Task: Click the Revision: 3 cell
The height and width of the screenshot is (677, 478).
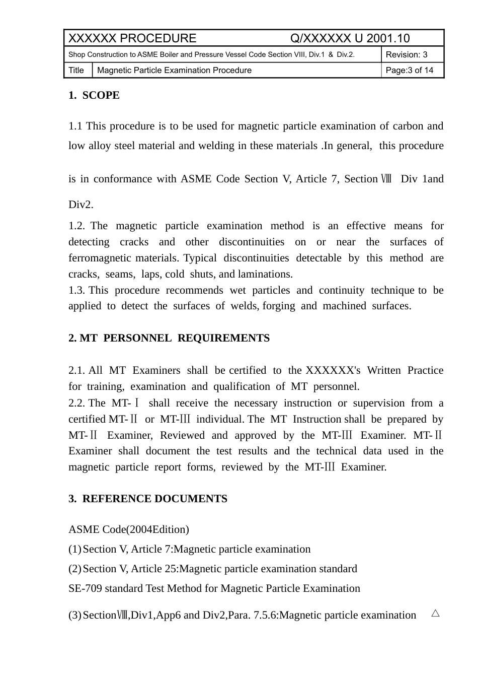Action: click(406, 54)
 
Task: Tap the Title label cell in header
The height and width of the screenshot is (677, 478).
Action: click(76, 70)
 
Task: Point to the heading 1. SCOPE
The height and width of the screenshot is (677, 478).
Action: click(94, 95)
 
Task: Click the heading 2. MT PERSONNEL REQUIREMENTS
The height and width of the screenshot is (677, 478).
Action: click(169, 338)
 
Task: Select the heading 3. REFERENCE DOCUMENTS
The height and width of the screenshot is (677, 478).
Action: click(148, 499)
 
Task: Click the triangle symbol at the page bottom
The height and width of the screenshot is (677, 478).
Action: click(436, 614)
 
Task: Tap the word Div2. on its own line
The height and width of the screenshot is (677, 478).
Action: click(81, 205)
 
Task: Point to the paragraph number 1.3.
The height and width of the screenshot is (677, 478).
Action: click(77, 290)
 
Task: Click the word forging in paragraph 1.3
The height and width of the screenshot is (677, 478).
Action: click(279, 306)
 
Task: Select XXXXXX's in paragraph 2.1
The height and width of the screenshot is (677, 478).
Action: click(333, 370)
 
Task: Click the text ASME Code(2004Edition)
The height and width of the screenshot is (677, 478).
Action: click(129, 529)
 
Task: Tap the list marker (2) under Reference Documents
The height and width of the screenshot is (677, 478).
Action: click(75, 569)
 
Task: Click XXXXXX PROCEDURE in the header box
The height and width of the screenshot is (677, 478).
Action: click(132, 38)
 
